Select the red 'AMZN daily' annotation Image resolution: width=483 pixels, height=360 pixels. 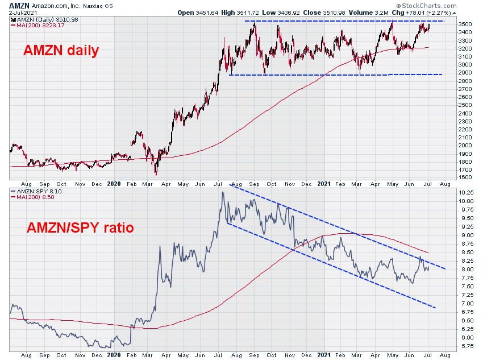61,51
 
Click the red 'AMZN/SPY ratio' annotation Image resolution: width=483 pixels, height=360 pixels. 80,228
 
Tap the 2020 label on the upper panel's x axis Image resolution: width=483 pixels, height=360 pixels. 114,184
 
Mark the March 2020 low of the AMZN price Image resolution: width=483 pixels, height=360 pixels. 156,174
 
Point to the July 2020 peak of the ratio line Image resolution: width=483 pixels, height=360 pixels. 223,192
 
